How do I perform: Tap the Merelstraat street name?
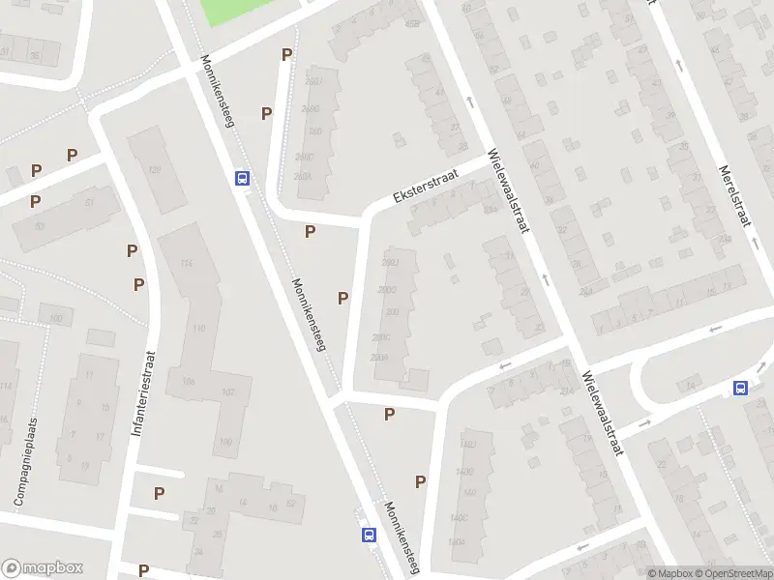(734, 196)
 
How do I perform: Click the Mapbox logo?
(43, 567)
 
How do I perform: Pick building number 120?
(153, 170)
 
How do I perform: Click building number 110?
(199, 329)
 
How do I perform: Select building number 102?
(228, 391)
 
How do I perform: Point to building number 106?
(188, 382)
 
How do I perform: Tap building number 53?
(39, 225)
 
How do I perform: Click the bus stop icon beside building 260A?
(242, 178)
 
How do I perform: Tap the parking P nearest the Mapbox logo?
(143, 570)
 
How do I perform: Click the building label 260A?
(303, 177)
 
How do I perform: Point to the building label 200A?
(379, 358)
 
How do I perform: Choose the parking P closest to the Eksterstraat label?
(311, 231)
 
